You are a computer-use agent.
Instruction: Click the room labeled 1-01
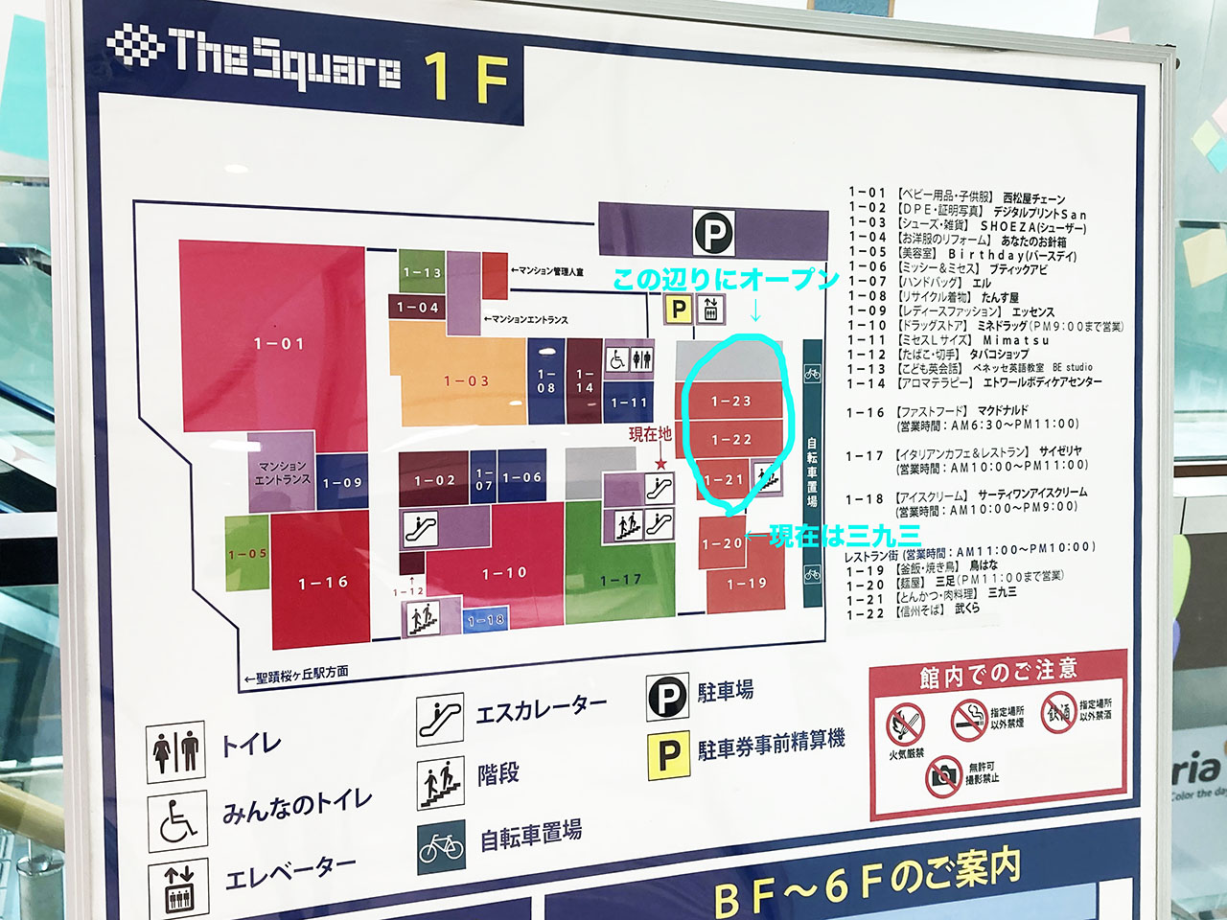pos(278,342)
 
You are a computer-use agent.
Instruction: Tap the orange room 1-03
pos(466,380)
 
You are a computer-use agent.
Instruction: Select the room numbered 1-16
pos(323,582)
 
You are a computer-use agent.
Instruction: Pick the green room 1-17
pos(620,579)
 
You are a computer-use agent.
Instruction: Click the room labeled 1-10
pos(504,572)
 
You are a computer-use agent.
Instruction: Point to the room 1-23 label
pos(730,401)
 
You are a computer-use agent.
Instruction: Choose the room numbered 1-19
pos(747,583)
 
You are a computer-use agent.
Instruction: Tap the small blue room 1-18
pos(485,620)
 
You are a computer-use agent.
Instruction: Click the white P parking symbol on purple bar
pos(713,232)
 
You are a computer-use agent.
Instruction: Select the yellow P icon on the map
pos(679,309)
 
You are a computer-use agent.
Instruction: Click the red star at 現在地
pos(660,464)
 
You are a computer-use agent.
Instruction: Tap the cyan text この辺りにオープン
pos(726,279)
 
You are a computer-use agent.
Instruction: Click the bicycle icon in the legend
pos(442,846)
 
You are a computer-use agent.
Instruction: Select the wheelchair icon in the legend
pos(177,820)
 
